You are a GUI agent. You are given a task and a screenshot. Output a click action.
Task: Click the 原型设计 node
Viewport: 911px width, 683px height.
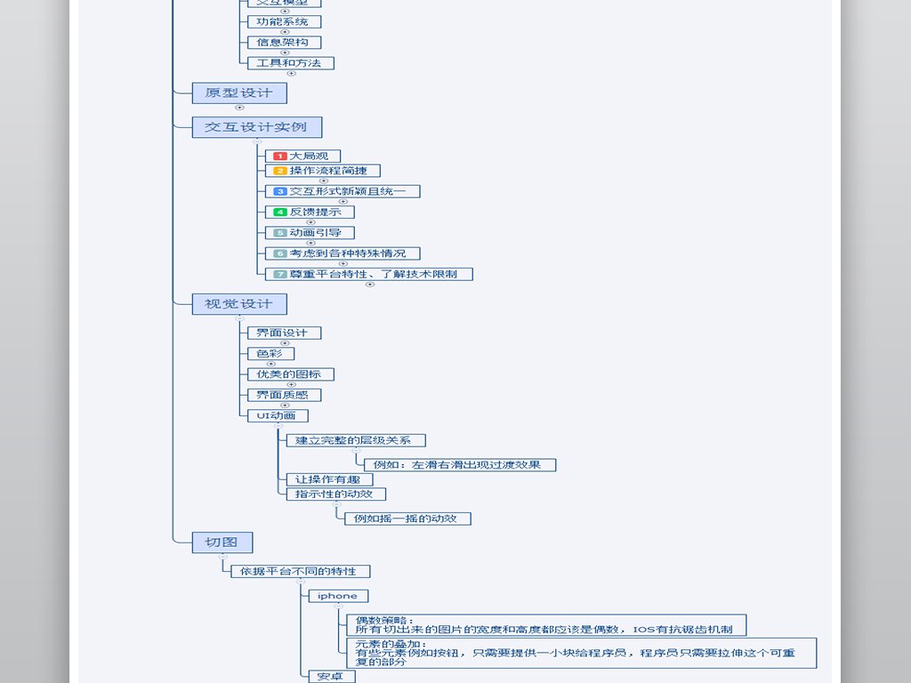point(238,92)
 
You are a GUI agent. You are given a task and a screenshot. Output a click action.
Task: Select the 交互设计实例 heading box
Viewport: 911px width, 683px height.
point(256,126)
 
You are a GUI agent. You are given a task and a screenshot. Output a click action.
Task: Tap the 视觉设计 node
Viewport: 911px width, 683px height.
point(238,303)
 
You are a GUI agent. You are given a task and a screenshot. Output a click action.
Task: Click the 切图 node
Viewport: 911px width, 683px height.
point(222,542)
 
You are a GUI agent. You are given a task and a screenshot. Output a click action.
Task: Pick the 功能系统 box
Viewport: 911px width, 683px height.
point(283,21)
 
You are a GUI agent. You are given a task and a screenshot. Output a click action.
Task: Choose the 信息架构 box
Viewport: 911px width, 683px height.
point(283,42)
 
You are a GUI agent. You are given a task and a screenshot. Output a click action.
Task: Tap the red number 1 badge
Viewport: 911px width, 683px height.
point(279,157)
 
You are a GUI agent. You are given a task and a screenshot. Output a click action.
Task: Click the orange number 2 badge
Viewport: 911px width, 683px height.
point(279,171)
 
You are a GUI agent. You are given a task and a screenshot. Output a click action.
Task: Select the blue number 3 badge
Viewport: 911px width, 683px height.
point(279,191)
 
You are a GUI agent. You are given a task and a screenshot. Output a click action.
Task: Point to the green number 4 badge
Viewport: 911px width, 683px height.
point(279,212)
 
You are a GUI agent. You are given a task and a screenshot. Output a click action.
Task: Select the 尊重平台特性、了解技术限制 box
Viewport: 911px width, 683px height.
point(368,274)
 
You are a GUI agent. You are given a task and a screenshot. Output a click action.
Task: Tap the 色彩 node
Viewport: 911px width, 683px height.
point(270,353)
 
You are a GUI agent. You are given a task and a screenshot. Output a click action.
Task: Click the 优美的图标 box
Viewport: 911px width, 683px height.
point(289,374)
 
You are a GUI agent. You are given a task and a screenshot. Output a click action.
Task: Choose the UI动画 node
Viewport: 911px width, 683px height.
point(277,415)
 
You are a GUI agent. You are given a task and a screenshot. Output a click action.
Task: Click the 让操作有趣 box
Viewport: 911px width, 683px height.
point(328,479)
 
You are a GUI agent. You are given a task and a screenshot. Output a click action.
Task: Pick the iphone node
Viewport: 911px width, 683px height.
point(337,596)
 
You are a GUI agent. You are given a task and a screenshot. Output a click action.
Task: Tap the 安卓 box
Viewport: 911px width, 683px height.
point(331,677)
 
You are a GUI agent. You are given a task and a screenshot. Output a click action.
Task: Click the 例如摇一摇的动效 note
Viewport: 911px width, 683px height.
point(407,518)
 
